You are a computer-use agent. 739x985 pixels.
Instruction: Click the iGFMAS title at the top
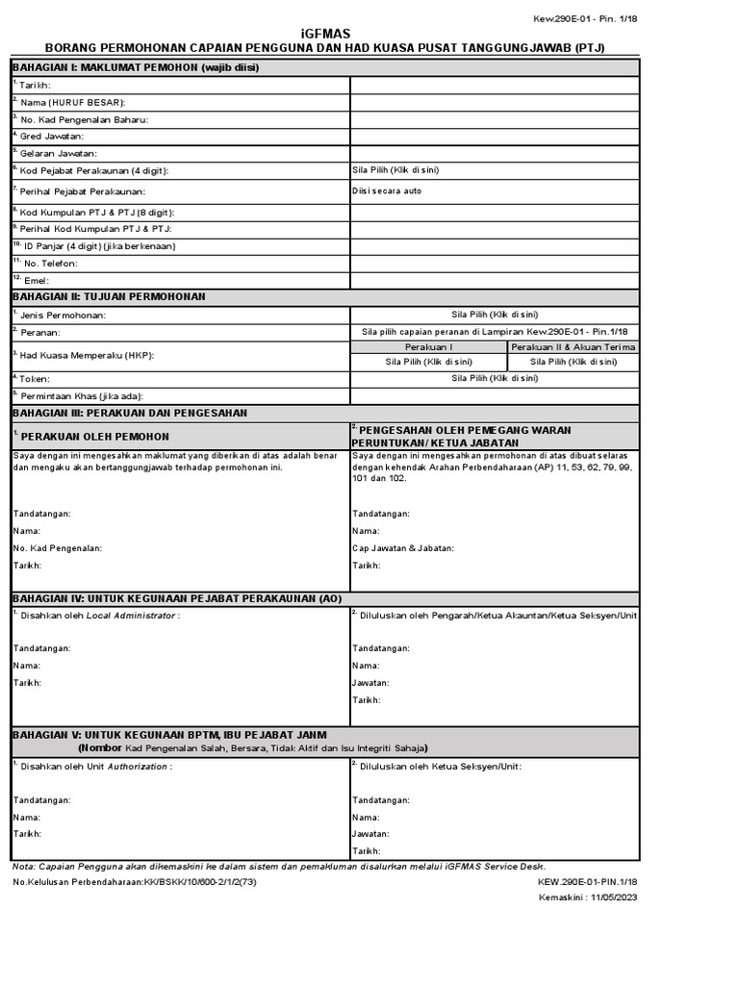326,34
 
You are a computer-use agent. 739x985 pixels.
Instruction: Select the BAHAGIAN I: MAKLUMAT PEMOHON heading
136,67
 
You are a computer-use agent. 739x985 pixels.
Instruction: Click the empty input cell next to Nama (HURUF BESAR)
495,102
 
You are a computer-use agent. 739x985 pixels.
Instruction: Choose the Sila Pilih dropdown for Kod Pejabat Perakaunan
395,170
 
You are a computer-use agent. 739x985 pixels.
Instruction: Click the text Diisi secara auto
387,190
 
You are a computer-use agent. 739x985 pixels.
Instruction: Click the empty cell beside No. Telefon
495,263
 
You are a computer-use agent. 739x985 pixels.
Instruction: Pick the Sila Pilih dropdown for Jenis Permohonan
495,315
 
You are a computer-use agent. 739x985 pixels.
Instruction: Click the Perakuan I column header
428,346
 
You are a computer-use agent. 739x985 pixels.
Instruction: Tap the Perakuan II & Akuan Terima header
573,346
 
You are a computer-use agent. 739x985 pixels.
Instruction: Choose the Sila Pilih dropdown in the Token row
495,378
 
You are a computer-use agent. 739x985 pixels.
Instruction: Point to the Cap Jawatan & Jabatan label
403,548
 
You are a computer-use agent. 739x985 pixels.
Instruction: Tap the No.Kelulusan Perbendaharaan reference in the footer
135,881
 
